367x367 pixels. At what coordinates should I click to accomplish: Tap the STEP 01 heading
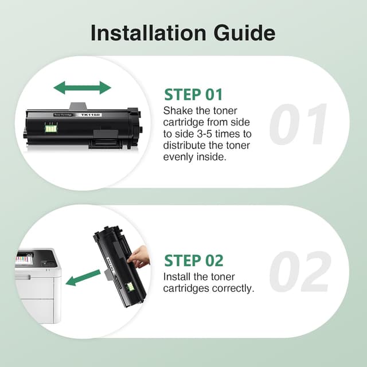[193, 94]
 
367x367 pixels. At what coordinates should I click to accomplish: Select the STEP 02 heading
[194, 260]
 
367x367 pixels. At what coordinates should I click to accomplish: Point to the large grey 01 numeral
[298, 124]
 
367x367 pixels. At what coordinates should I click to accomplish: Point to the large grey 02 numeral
[299, 272]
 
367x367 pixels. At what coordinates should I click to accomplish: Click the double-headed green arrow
[82, 88]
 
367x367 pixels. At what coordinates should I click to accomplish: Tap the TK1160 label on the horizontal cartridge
[90, 115]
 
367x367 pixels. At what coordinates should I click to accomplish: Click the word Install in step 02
[178, 277]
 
